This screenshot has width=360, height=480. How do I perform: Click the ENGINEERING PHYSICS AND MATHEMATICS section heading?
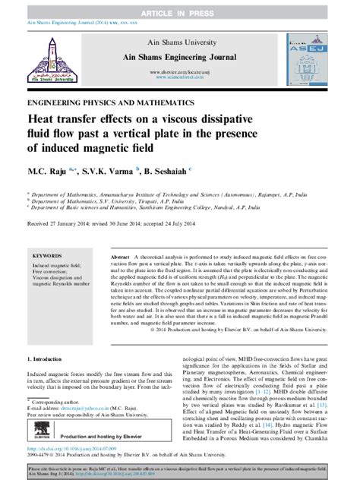click(99, 102)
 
